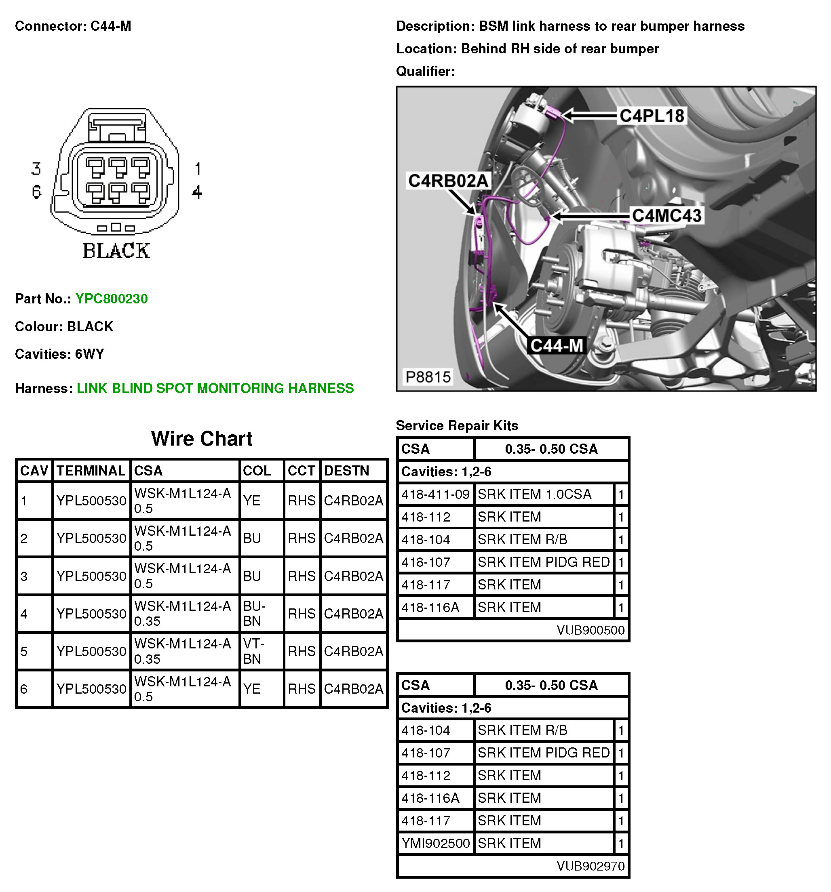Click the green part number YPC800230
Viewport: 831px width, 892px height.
click(x=111, y=299)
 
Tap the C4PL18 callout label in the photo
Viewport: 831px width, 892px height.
click(x=652, y=116)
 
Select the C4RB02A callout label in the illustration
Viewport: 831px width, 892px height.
click(x=447, y=181)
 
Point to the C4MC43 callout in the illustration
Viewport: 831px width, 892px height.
click(x=666, y=216)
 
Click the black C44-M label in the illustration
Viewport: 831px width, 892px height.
click(x=556, y=345)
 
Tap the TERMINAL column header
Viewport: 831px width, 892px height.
click(x=91, y=470)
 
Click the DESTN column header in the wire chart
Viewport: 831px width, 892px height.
click(x=346, y=470)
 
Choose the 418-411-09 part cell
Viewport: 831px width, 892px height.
click(x=435, y=494)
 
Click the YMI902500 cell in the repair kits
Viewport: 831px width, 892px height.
click(x=435, y=843)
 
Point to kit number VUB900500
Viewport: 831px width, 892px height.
click(x=590, y=630)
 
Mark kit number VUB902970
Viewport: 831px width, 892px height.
click(x=590, y=866)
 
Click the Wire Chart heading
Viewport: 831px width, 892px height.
click(x=202, y=438)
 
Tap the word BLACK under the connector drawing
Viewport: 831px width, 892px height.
click(x=116, y=250)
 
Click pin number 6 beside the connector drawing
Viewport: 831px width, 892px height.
click(x=36, y=192)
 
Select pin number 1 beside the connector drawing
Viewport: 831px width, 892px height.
click(x=198, y=169)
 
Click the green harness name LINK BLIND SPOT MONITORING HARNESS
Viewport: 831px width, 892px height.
click(x=215, y=388)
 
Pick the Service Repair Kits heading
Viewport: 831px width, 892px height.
click(x=457, y=425)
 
